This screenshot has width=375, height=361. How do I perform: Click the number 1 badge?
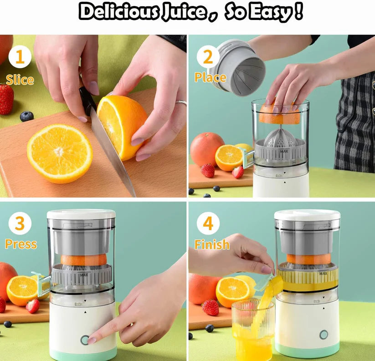click(x=20, y=57)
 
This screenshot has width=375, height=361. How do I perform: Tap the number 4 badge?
click(x=208, y=224)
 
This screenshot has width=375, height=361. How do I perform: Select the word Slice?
click(x=20, y=80)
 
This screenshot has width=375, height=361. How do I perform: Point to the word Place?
click(x=210, y=77)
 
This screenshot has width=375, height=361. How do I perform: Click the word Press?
click(x=21, y=244)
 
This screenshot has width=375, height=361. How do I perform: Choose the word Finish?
click(x=212, y=244)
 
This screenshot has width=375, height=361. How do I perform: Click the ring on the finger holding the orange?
click(x=181, y=103)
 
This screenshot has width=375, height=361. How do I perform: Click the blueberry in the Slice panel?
click(x=26, y=117)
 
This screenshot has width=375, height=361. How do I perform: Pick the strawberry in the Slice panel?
click(x=6, y=99)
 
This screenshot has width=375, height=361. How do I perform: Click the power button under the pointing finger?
click(x=85, y=340)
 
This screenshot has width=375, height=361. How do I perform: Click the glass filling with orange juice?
click(x=253, y=330)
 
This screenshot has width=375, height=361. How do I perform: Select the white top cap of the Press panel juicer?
click(x=81, y=214)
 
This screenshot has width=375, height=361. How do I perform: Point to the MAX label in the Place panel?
click(x=284, y=151)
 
